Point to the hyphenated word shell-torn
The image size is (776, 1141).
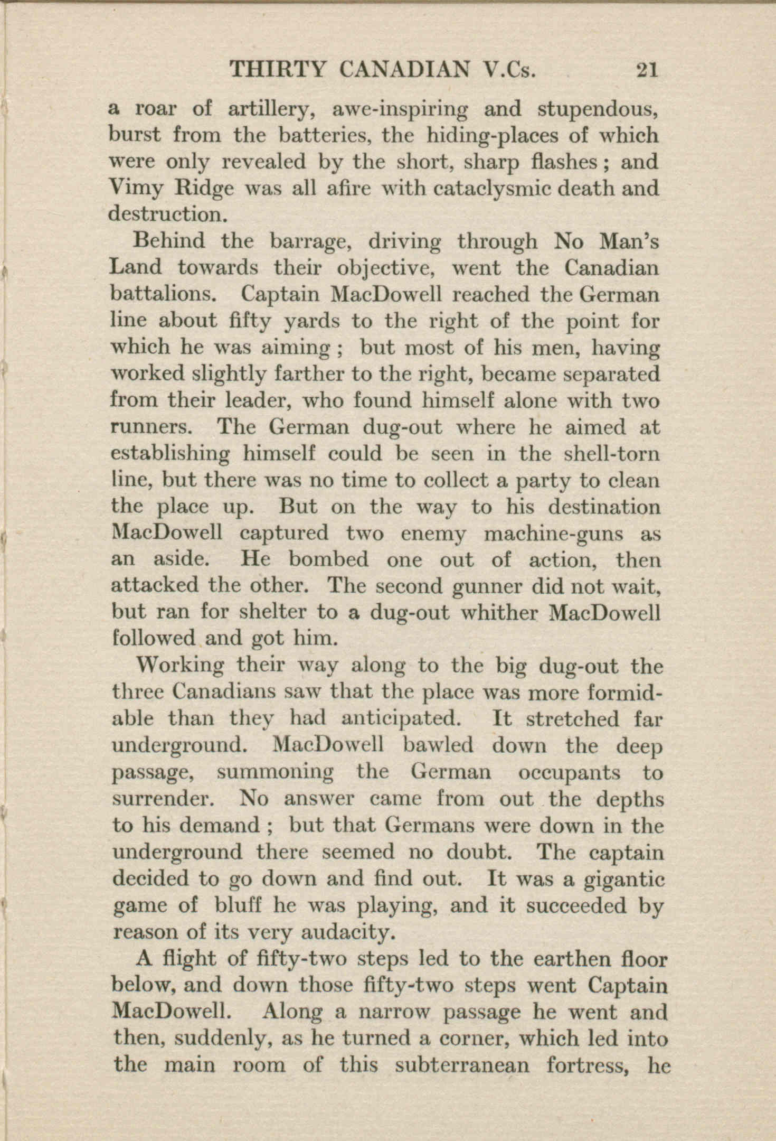click(x=612, y=453)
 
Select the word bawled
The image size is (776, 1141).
click(x=438, y=745)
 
